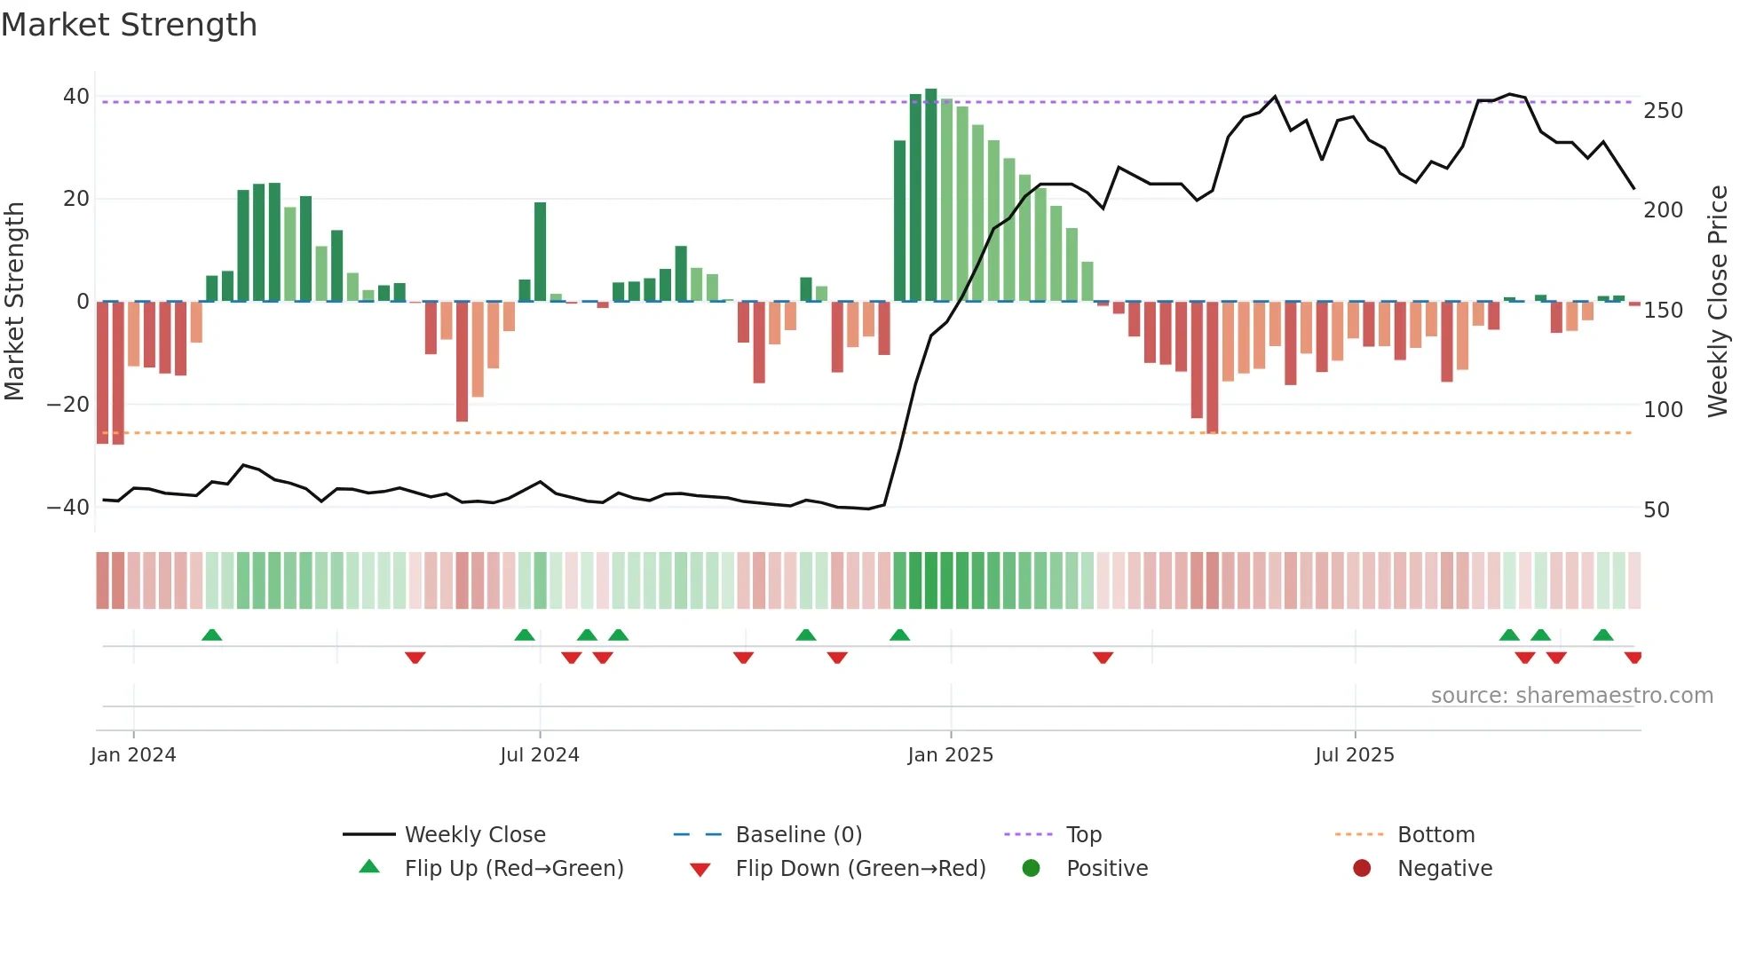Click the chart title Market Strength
[129, 25]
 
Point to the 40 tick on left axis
[76, 96]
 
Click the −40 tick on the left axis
[68, 507]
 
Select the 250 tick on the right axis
[1663, 110]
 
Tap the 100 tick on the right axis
[1663, 409]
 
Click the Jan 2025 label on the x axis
[950, 754]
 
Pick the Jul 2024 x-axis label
[539, 754]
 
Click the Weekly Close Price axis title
[1718, 302]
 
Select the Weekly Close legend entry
[475, 834]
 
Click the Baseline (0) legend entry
[798, 834]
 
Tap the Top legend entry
[1083, 834]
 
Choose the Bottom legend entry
[1435, 834]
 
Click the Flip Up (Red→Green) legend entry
[513, 868]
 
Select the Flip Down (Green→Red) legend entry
[859, 868]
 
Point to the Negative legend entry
[1444, 868]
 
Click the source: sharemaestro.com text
[1571, 695]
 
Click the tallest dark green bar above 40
[930, 195]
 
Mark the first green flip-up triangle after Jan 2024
[211, 635]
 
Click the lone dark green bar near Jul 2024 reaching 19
[540, 252]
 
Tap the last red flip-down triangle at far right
[1633, 658]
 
